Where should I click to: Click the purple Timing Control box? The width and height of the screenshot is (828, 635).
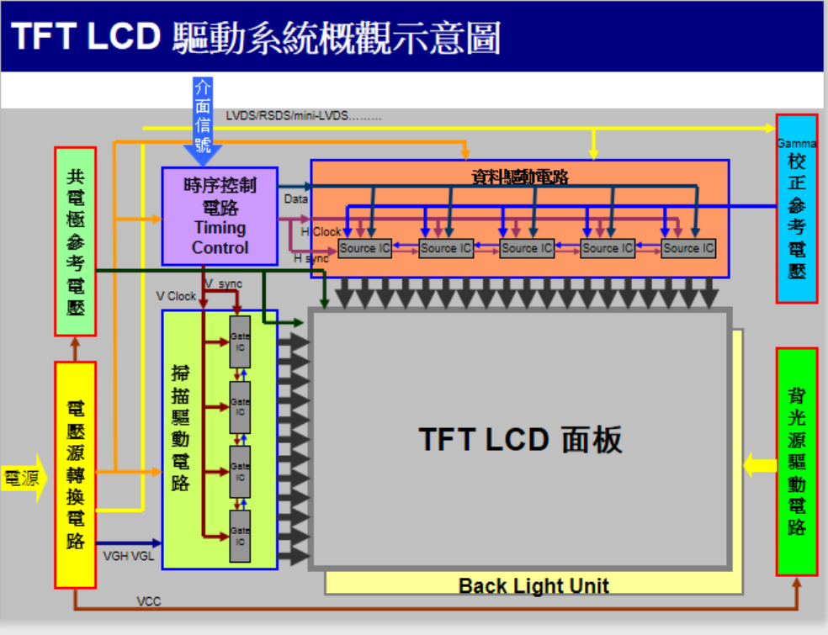point(220,216)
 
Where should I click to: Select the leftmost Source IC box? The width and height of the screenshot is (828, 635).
point(364,248)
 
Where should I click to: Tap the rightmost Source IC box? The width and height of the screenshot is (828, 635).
point(688,248)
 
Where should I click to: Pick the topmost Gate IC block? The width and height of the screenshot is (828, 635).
point(240,341)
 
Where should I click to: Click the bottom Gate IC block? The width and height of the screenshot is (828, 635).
point(240,536)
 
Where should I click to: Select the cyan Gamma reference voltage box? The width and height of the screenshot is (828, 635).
point(796,209)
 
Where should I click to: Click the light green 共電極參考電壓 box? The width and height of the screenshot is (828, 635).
point(76,241)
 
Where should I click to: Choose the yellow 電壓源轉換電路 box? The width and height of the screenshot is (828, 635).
point(76,474)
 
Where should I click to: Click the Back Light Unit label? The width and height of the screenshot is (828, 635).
point(533,585)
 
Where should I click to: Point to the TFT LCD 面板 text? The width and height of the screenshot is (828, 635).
point(520,440)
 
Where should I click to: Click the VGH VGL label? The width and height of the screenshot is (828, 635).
point(129,557)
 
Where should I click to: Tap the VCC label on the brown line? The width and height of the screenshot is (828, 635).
point(149,601)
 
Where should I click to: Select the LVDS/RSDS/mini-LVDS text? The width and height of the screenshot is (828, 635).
point(304,115)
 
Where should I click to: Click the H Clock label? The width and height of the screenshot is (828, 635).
point(321,231)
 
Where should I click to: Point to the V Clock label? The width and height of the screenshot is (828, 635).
point(176,296)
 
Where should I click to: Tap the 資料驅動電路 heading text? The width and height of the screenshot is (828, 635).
point(520,177)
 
